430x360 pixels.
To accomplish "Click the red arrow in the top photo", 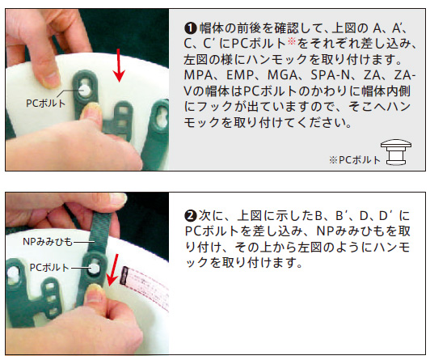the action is (x=119, y=66).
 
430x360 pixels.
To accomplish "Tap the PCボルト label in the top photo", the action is (x=46, y=104).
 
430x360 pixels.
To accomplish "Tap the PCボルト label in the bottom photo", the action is (x=49, y=268).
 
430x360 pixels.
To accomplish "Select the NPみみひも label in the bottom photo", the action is (x=48, y=242).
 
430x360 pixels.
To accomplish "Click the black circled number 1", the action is (x=190, y=28).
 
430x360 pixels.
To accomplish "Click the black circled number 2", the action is (x=190, y=216).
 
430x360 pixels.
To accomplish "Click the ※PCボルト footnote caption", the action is (x=355, y=160).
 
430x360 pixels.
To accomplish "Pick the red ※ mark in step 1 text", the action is (x=293, y=42).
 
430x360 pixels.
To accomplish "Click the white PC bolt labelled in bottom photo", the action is (x=94, y=268).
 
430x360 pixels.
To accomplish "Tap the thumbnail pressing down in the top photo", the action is (x=90, y=108).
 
